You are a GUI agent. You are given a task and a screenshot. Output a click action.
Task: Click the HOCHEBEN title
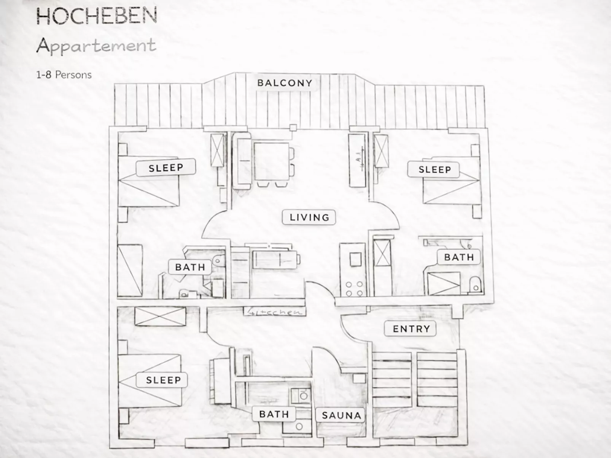(97, 16)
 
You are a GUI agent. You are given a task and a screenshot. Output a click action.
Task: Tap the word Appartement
(96, 46)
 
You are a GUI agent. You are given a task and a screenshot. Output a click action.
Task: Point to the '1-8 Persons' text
(64, 75)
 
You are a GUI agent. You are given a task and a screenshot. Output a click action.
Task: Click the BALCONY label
(285, 83)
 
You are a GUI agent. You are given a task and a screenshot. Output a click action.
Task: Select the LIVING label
(309, 217)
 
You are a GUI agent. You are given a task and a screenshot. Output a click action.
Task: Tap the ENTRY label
(411, 329)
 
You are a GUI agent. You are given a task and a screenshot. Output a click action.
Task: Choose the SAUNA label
(341, 415)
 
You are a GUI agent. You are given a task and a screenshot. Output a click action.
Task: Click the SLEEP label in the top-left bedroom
(166, 168)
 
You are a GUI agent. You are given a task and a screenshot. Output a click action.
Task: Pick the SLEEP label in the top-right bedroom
(434, 170)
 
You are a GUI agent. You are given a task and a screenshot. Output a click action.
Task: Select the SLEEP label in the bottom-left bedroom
(163, 380)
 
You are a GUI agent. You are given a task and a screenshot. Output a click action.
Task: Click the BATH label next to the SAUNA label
(274, 414)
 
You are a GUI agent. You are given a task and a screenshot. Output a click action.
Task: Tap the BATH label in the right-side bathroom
(459, 257)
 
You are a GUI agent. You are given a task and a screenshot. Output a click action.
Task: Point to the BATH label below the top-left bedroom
(190, 267)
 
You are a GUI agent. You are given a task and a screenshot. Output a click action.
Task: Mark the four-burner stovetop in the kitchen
(354, 289)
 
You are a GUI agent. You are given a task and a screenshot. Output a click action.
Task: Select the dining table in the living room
(272, 161)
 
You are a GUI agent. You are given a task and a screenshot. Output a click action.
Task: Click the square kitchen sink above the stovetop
(355, 260)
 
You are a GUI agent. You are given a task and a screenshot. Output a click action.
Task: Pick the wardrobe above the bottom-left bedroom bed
(160, 316)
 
